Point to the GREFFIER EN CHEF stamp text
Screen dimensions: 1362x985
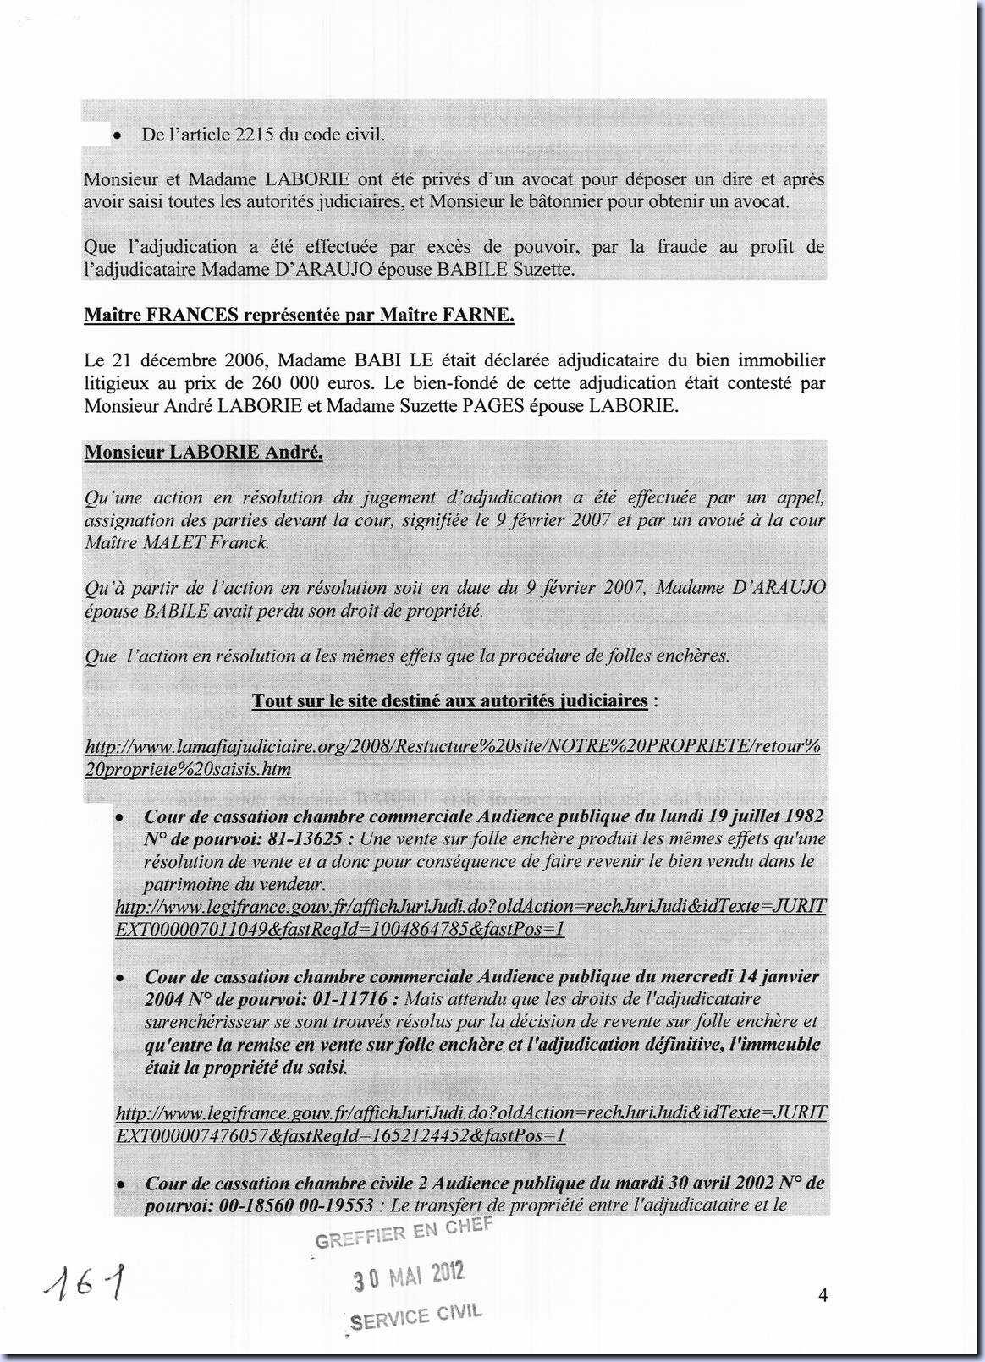click(x=404, y=1233)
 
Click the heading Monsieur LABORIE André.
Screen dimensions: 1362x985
click(x=203, y=452)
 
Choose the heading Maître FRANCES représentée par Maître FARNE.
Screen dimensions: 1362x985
click(x=299, y=316)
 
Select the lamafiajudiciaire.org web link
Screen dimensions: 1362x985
click(x=453, y=757)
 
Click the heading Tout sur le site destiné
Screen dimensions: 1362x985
click(x=449, y=700)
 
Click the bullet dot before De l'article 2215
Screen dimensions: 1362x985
click(x=120, y=135)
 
